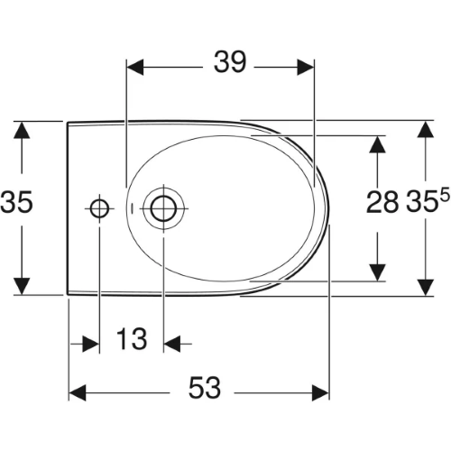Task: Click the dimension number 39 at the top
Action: click(230, 62)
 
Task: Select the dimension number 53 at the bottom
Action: click(205, 388)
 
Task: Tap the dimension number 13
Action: click(132, 339)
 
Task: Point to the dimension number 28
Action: click(382, 202)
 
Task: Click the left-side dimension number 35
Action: click(16, 202)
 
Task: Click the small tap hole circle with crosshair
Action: click(99, 208)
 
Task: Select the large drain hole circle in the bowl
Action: click(163, 208)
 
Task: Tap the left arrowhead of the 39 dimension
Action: click(135, 68)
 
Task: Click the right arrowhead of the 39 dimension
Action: click(306, 68)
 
